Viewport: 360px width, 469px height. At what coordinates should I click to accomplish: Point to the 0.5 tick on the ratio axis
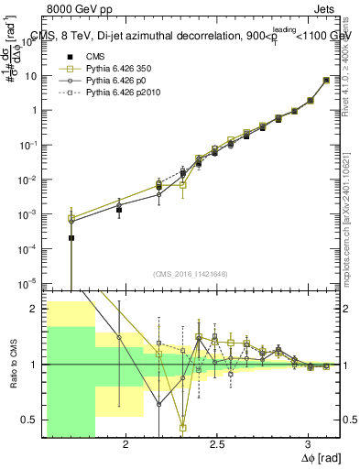pos(30,420)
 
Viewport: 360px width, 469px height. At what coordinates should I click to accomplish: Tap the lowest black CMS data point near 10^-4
pos(71,238)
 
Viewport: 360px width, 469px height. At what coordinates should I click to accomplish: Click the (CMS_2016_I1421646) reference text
pos(191,274)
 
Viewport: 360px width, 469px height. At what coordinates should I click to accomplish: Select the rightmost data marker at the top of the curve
pos(327,81)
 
